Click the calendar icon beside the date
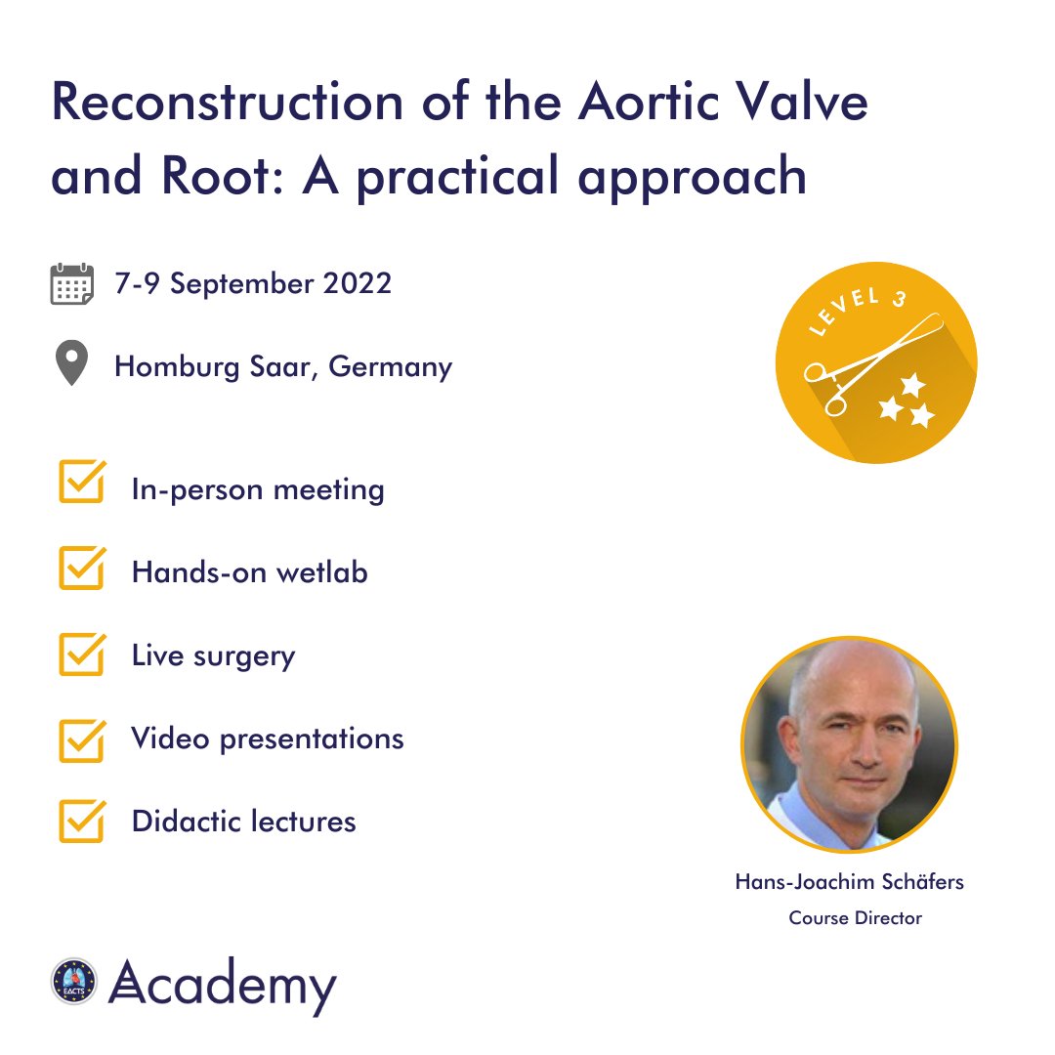pyautogui.click(x=71, y=284)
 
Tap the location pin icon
pyautogui.click(x=71, y=363)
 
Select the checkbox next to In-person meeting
pyautogui.click(x=81, y=484)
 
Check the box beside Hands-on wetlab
pyautogui.click(x=81, y=568)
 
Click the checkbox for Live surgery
pyautogui.click(x=81, y=652)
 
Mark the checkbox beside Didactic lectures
pyautogui.click(x=81, y=822)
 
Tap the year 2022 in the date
pyautogui.click(x=355, y=283)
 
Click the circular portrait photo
pyautogui.click(x=849, y=745)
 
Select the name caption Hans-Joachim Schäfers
pyautogui.click(x=849, y=882)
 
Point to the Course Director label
pyautogui.click(x=855, y=918)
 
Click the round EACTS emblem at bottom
pyautogui.click(x=75, y=981)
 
